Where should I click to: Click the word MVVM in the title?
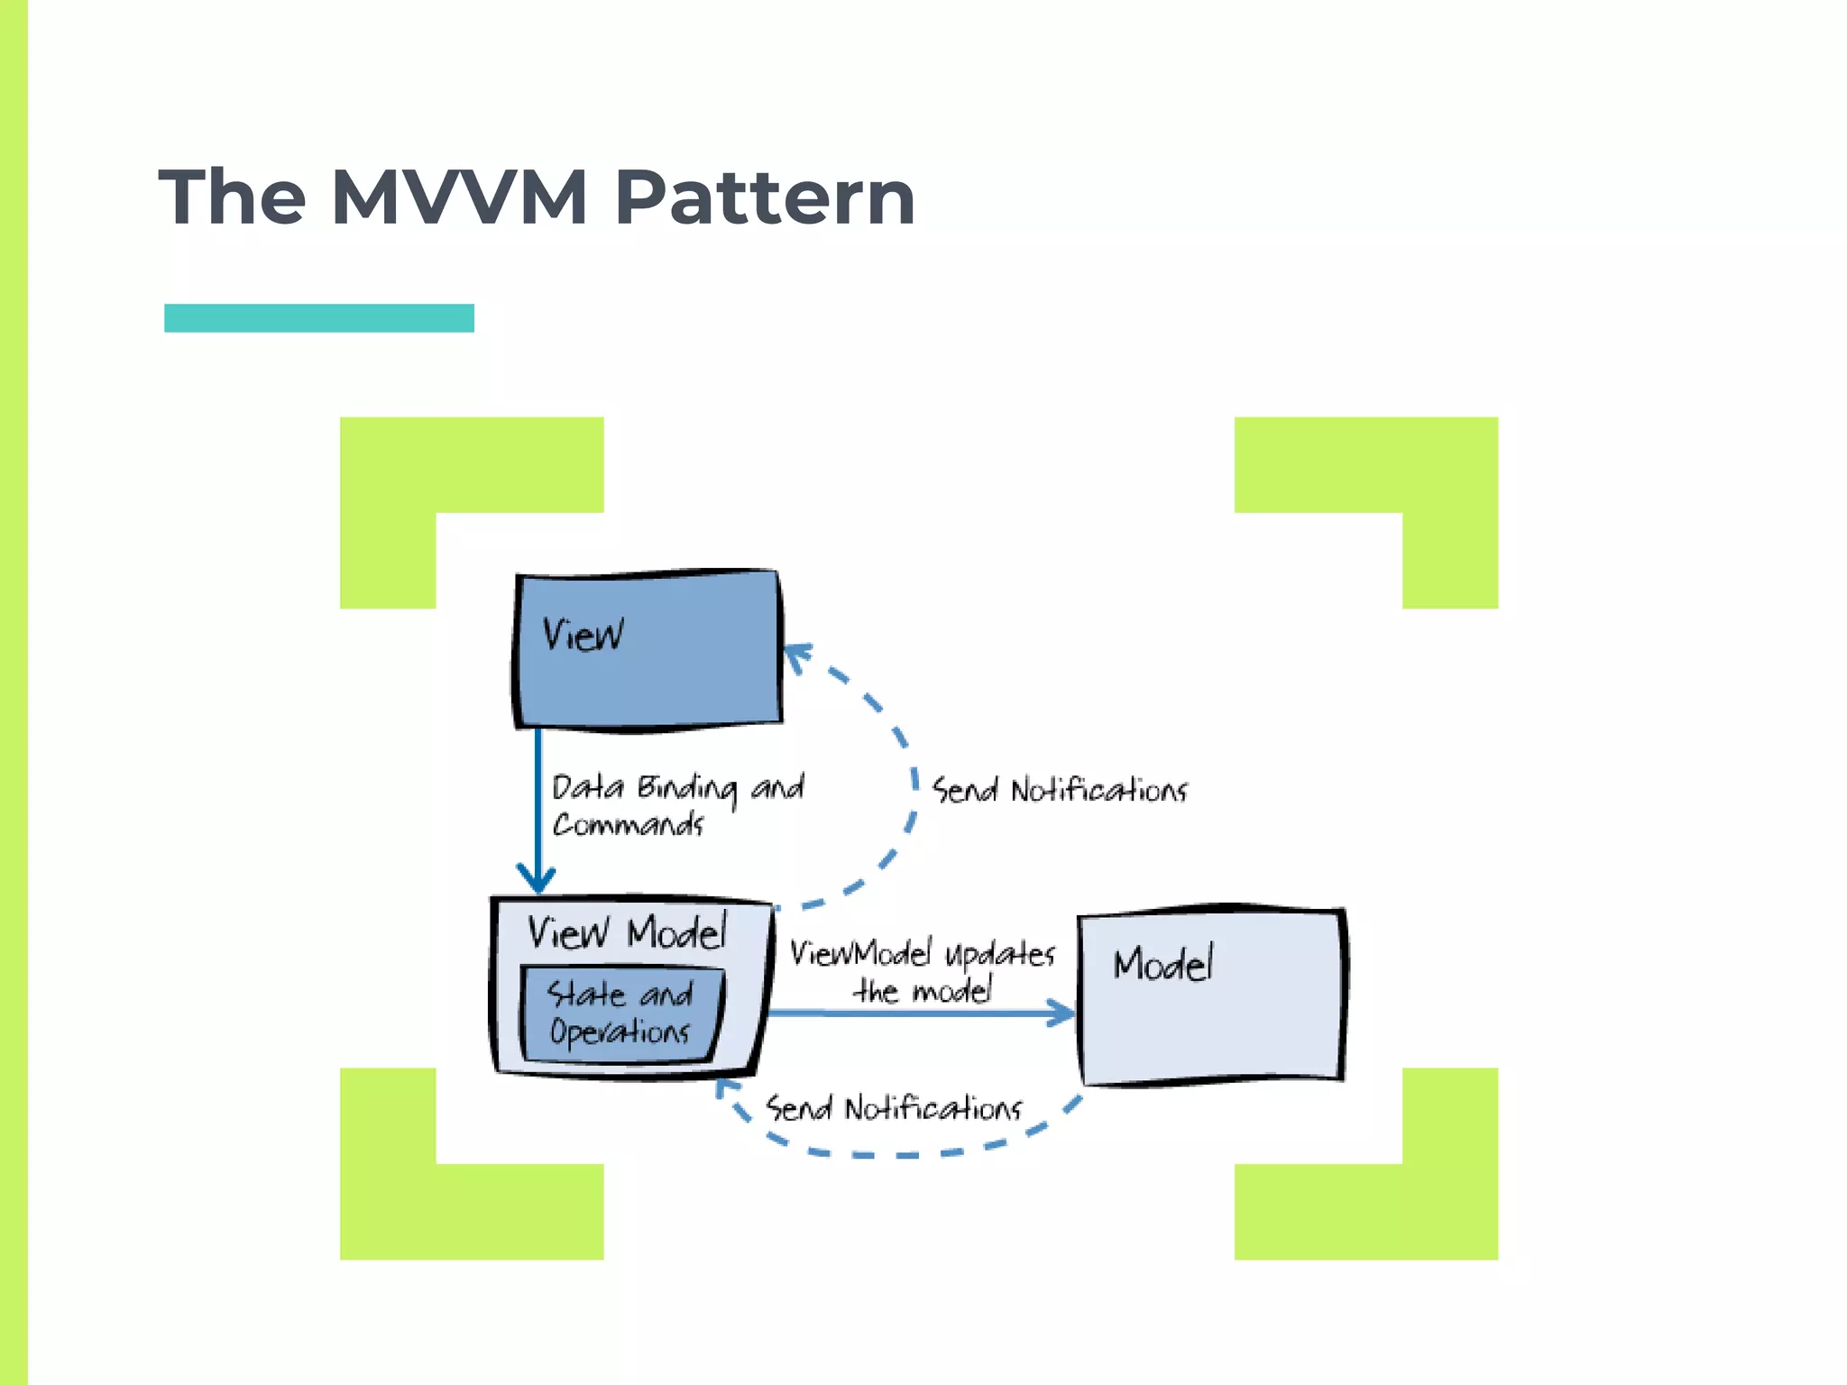tap(460, 197)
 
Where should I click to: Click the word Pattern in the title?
tap(765, 197)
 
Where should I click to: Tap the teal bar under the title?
tap(319, 318)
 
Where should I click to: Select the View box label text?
tap(583, 635)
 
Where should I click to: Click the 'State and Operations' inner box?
tap(621, 1014)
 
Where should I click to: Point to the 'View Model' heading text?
tap(627, 932)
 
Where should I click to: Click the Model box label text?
tap(1163, 965)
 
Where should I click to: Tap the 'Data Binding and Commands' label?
tap(676, 805)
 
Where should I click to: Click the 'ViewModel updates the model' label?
tap(923, 972)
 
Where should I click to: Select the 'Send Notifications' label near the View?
tap(1060, 791)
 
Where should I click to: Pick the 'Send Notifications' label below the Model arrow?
tap(894, 1108)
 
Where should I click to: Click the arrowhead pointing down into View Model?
tap(537, 879)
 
